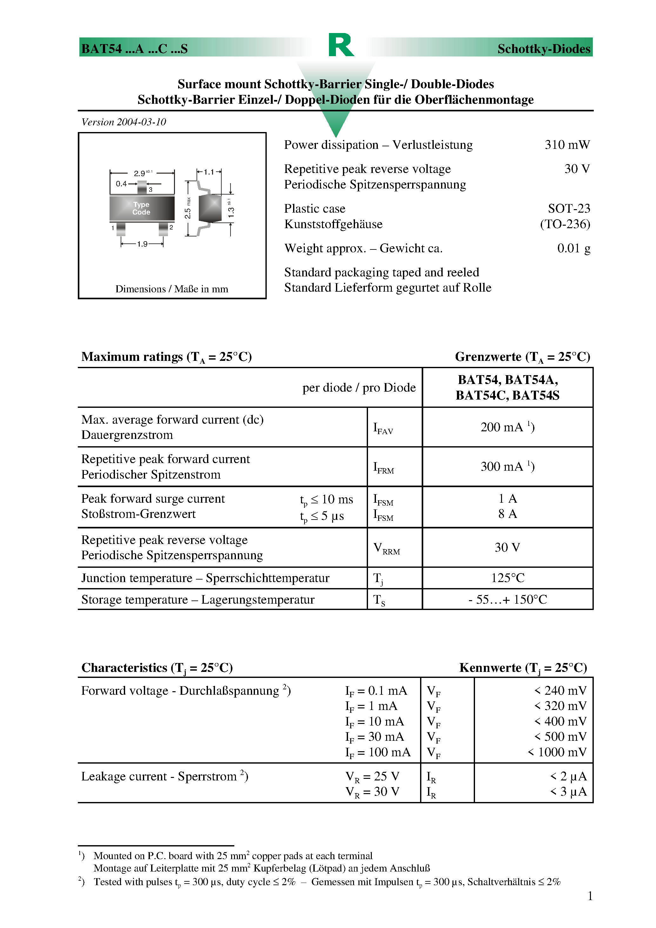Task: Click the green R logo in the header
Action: pyautogui.click(x=341, y=45)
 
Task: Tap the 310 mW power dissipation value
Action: pyautogui.click(x=567, y=145)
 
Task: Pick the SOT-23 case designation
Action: pyautogui.click(x=569, y=209)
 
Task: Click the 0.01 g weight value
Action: pyautogui.click(x=573, y=248)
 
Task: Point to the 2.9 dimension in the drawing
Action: pyautogui.click(x=140, y=173)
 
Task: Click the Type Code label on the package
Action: pyautogui.click(x=141, y=209)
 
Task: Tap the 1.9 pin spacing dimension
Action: pyautogui.click(x=142, y=244)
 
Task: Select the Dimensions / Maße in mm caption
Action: pyautogui.click(x=172, y=289)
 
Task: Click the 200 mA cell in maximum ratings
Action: pyautogui.click(x=507, y=427)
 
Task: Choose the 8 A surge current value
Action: pyautogui.click(x=507, y=514)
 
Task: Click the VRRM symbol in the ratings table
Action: pyautogui.click(x=386, y=548)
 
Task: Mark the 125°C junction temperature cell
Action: pyautogui.click(x=507, y=578)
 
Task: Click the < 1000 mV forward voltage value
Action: pyautogui.click(x=557, y=752)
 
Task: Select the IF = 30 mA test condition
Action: pyautogui.click(x=374, y=737)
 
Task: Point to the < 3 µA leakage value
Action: pyautogui.click(x=568, y=792)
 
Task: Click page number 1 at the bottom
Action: pyautogui.click(x=590, y=896)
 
